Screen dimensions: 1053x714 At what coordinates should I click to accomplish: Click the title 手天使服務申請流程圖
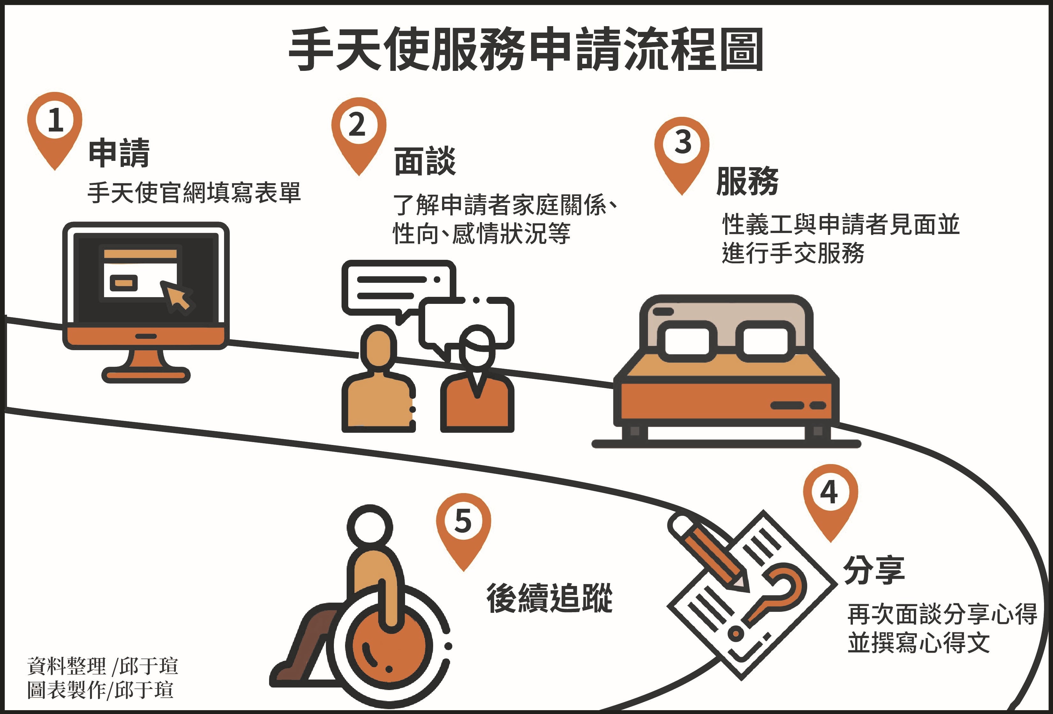(x=526, y=49)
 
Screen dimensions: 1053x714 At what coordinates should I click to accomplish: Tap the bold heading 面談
(x=425, y=161)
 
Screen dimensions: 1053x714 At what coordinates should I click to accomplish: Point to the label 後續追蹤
(x=550, y=598)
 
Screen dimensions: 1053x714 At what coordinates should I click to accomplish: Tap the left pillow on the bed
(x=687, y=341)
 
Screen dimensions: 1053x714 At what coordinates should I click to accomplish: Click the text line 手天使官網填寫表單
(x=194, y=192)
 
